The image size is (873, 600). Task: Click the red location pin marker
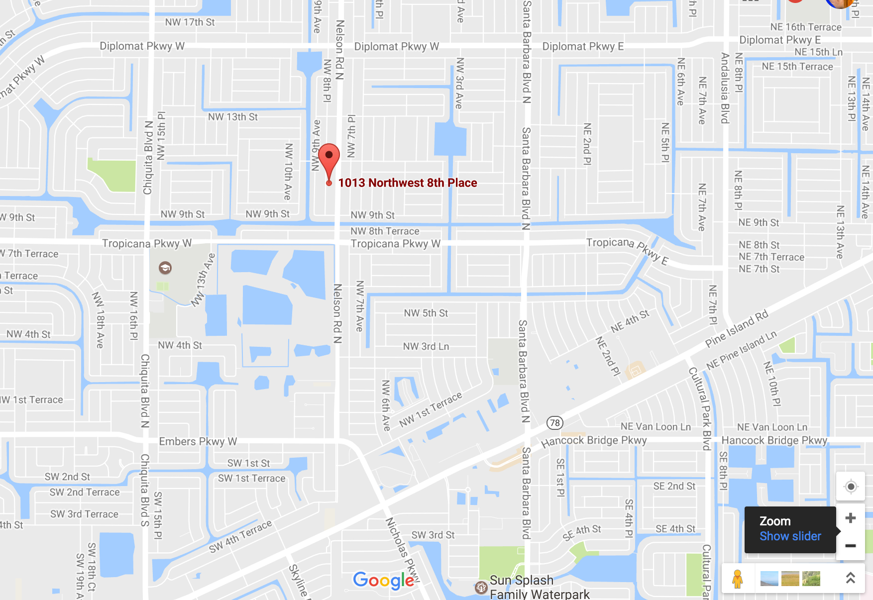329,158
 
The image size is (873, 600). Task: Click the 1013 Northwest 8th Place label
407,183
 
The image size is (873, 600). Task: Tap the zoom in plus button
851,518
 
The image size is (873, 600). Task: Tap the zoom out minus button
851,546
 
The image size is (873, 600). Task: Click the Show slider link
790,536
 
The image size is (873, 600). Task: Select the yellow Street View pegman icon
737,579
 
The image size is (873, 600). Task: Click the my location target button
851,487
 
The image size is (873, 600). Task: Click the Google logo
383,580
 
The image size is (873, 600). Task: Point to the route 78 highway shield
554,423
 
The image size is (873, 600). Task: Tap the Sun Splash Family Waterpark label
539,587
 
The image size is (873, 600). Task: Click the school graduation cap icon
165,268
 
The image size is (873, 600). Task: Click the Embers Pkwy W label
198,441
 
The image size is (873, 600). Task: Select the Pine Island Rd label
737,329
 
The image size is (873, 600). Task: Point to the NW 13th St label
233,117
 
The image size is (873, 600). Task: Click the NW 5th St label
426,313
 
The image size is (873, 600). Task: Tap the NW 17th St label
190,22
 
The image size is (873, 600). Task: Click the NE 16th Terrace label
805,27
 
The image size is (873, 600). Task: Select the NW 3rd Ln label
426,346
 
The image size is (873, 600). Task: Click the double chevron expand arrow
851,578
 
